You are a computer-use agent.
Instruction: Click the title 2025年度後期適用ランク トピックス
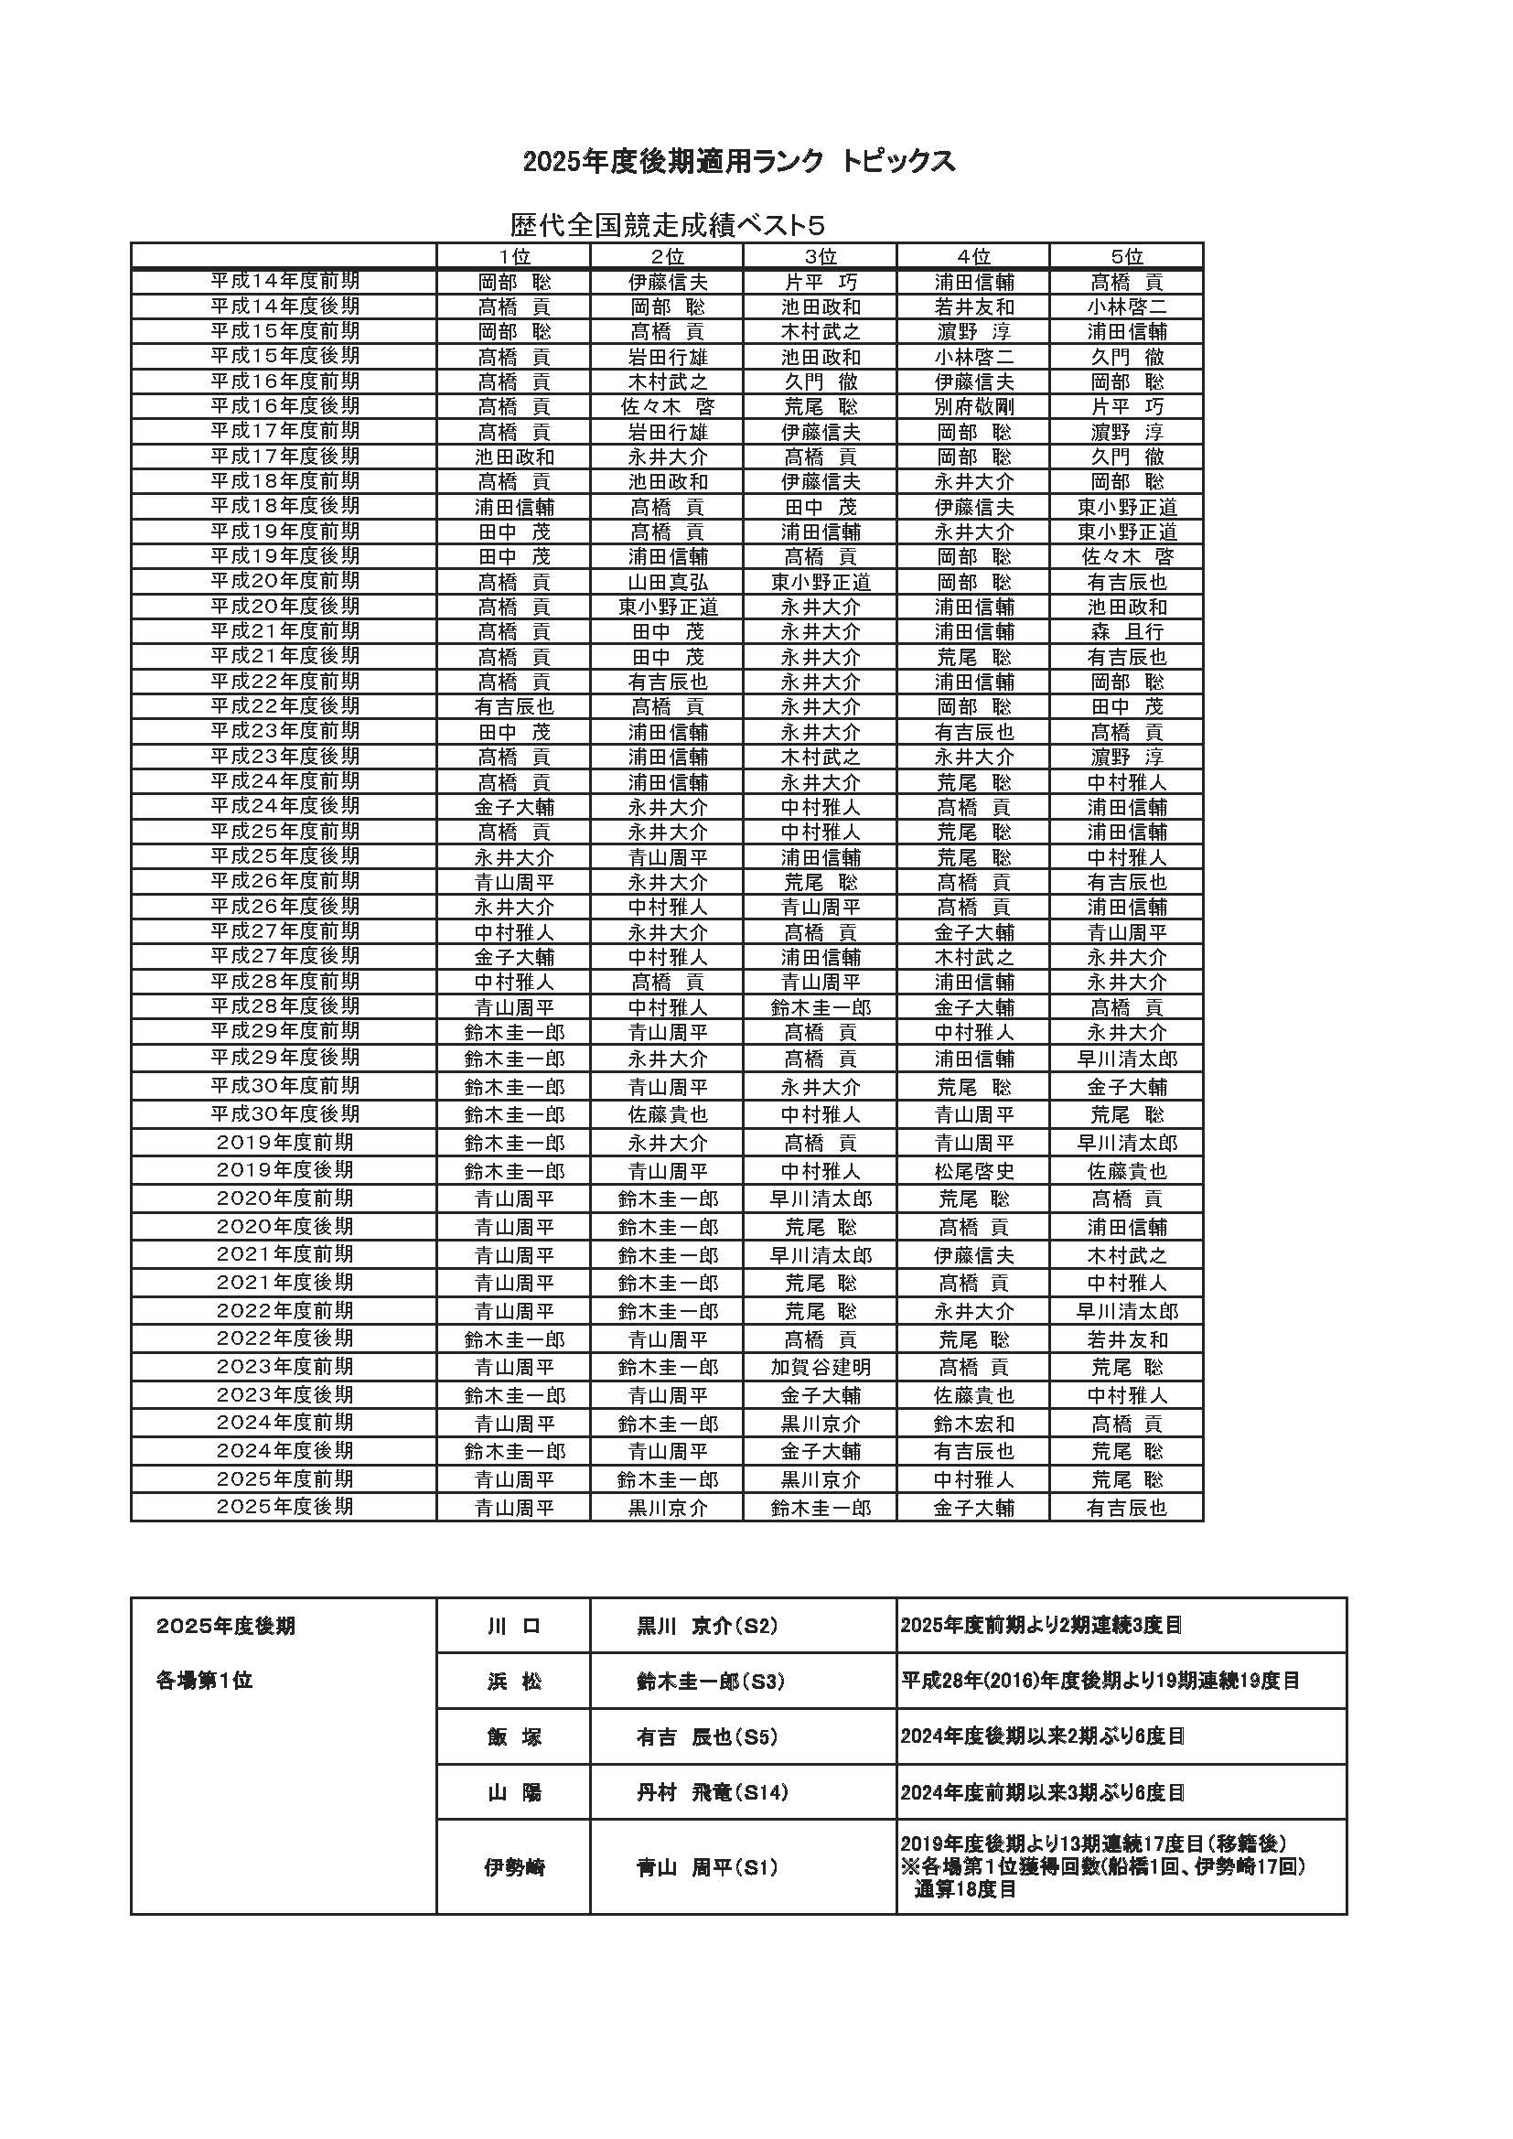pyautogui.click(x=739, y=162)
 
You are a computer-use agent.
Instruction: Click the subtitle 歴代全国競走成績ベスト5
pyautogui.click(x=667, y=225)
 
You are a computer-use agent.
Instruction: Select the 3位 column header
pyautogui.click(x=820, y=256)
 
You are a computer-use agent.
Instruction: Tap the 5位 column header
pyautogui.click(x=1126, y=256)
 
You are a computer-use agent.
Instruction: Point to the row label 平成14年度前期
pyautogui.click(x=284, y=282)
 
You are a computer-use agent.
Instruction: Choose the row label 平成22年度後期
pyautogui.click(x=284, y=706)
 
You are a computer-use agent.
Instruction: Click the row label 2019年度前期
pyautogui.click(x=284, y=1143)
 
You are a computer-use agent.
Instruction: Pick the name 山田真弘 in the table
pyautogui.click(x=667, y=582)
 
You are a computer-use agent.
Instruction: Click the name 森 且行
pyautogui.click(x=1126, y=632)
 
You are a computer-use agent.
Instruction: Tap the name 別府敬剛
pyautogui.click(x=973, y=407)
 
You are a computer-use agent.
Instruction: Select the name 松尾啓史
pyautogui.click(x=973, y=1172)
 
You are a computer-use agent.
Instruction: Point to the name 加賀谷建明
pyautogui.click(x=820, y=1368)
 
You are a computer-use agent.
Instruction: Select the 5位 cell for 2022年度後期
pyautogui.click(x=1126, y=1339)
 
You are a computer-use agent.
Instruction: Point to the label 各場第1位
pyautogui.click(x=205, y=1682)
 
